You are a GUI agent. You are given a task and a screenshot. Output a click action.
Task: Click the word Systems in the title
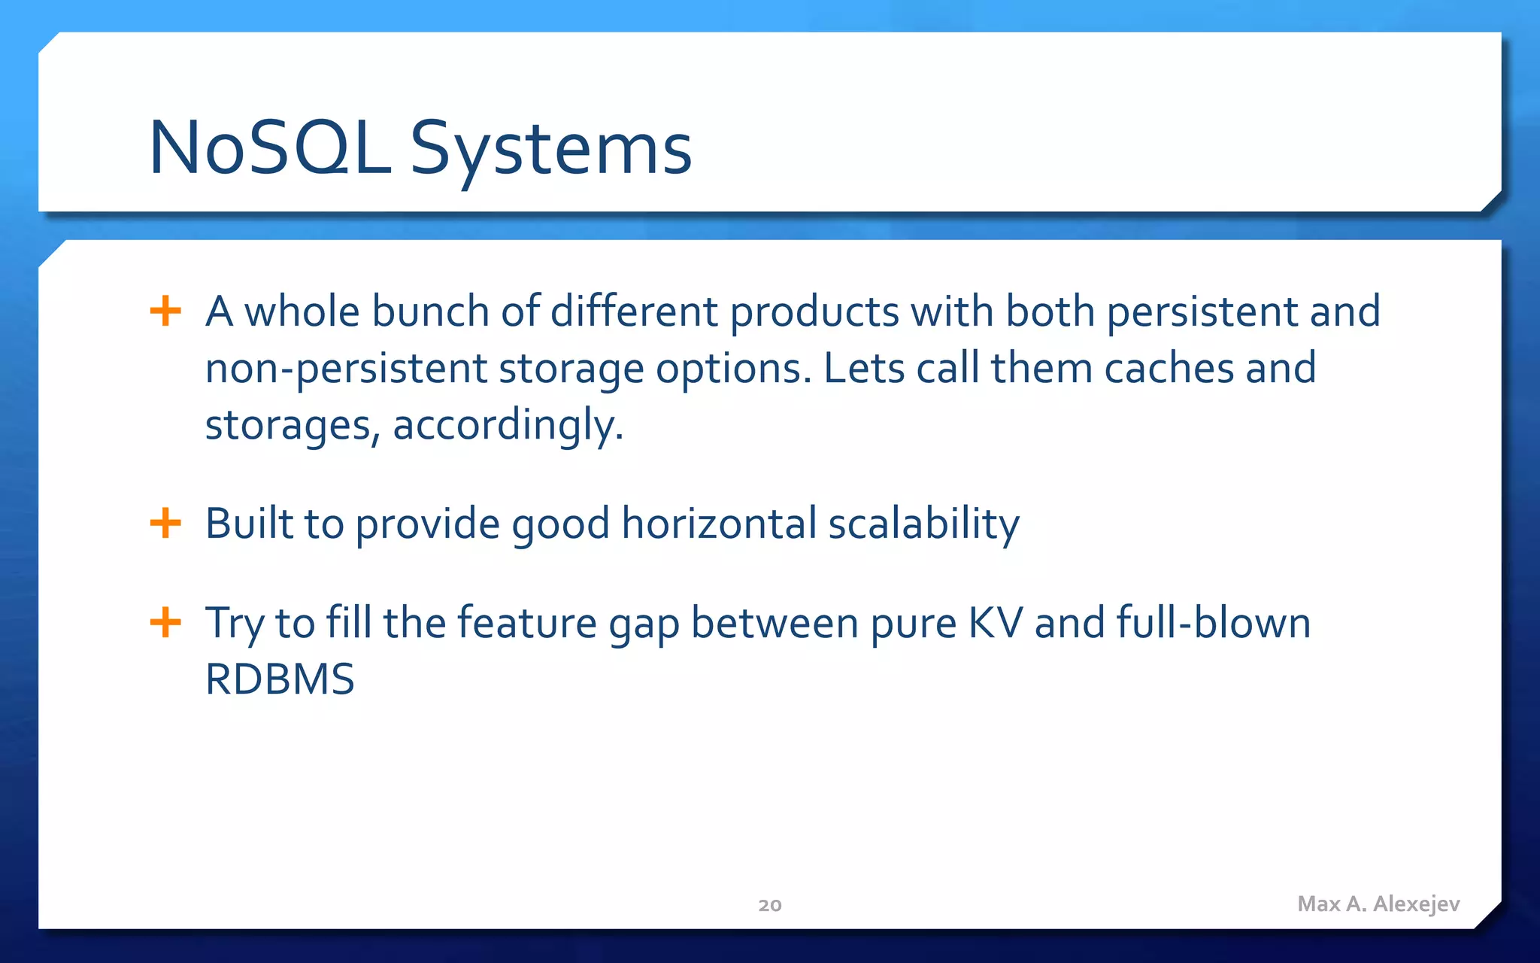pos(550,150)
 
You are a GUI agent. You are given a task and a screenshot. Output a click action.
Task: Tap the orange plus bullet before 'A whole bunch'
pos(165,311)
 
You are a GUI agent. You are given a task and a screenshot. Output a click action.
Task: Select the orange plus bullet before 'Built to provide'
pos(165,523)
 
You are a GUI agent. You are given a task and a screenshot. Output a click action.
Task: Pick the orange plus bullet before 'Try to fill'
pos(165,623)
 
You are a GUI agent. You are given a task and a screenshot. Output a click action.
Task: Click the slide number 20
pos(769,905)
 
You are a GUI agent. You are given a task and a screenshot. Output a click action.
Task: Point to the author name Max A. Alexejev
pos(1378,904)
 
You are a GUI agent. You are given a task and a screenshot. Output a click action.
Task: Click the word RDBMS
pos(279,679)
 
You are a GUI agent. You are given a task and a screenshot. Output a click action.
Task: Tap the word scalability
pos(923,524)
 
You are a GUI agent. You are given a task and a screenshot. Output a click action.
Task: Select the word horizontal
pos(719,524)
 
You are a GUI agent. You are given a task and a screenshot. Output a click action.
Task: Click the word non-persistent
pos(346,369)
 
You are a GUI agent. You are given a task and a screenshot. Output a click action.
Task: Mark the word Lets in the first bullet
pos(863,369)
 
